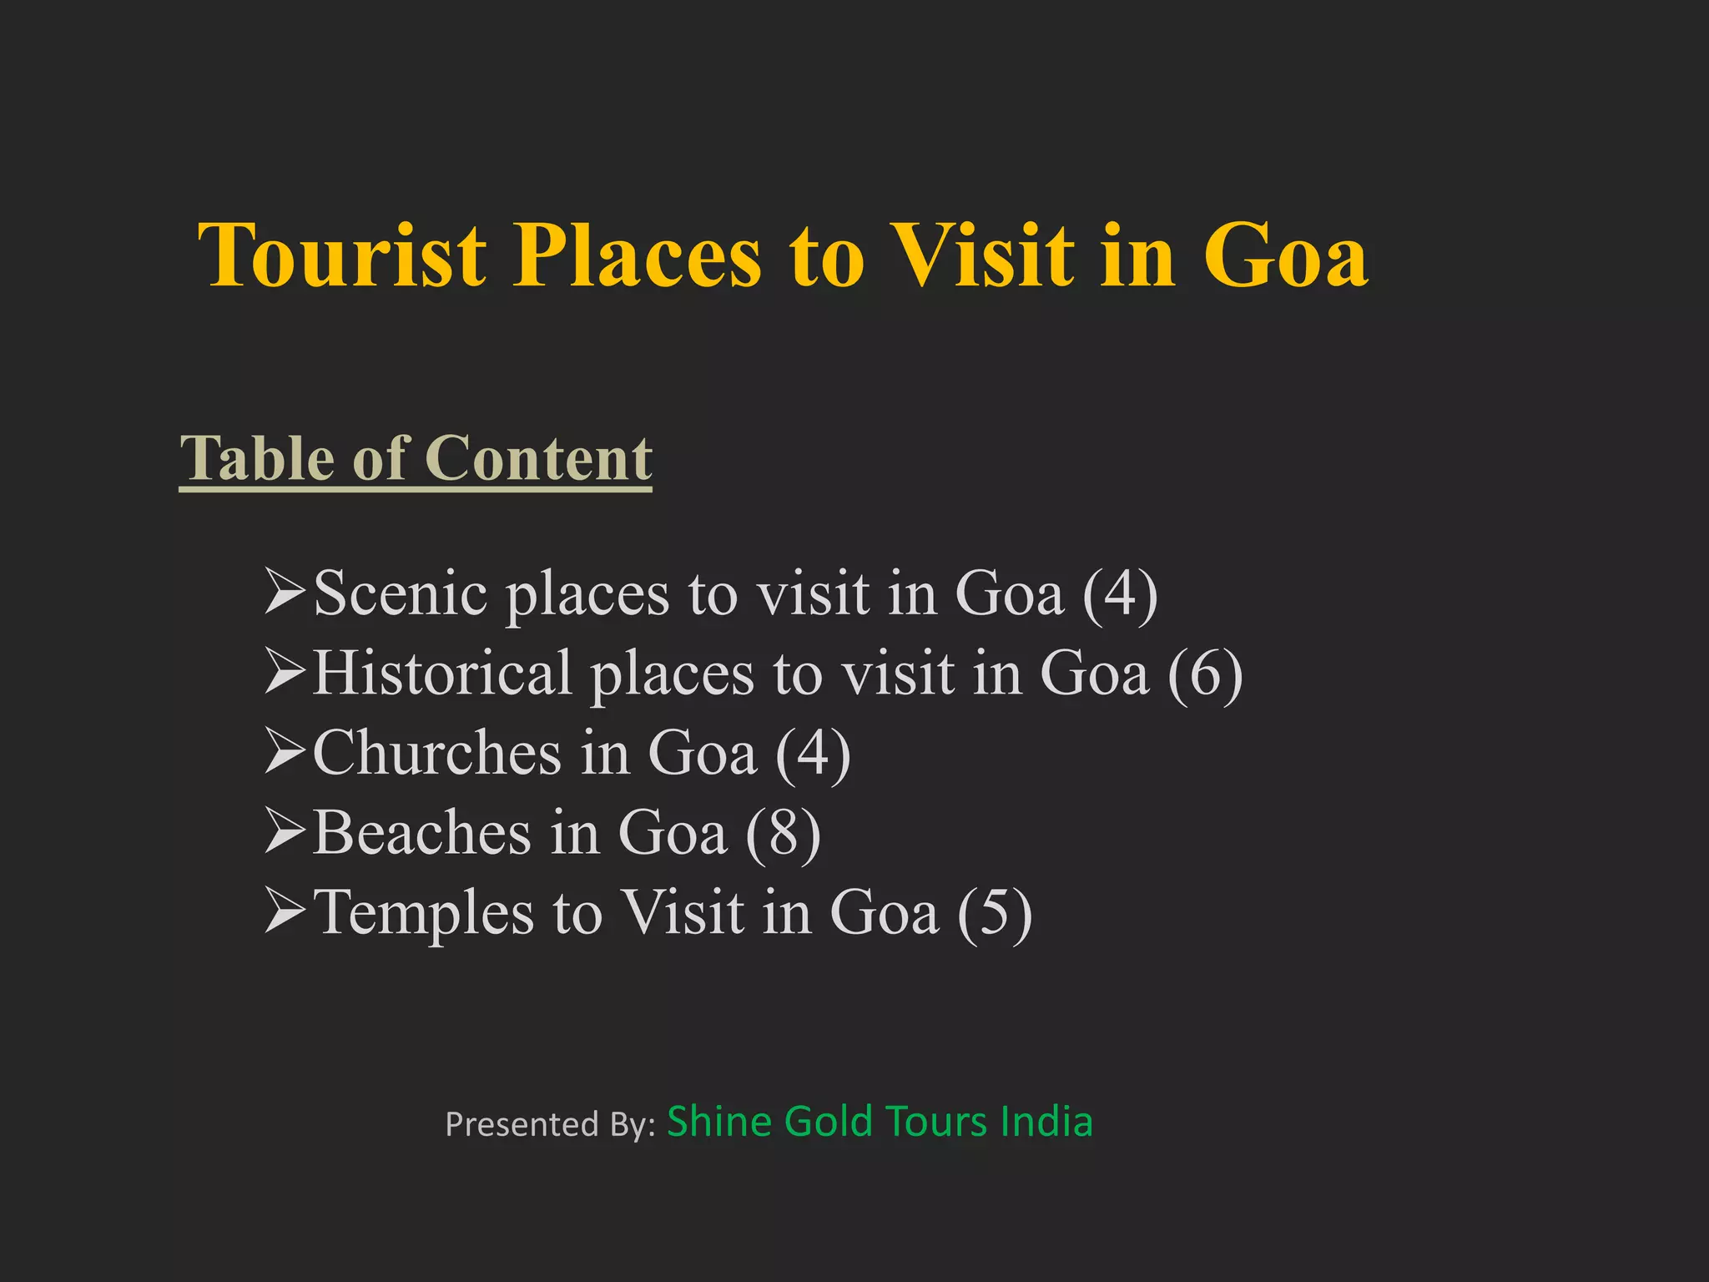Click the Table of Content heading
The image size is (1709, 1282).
[x=416, y=458]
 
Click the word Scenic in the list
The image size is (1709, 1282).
[x=400, y=593]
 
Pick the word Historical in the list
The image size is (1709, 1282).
[x=441, y=673]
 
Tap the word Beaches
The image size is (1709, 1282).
[x=421, y=832]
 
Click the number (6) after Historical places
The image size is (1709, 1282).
[x=1205, y=673]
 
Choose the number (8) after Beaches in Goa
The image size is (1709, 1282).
[x=783, y=832]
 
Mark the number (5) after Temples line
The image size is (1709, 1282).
[x=995, y=912]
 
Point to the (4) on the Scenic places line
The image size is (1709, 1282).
[x=1120, y=593]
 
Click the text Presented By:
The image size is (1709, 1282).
[x=551, y=1124]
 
